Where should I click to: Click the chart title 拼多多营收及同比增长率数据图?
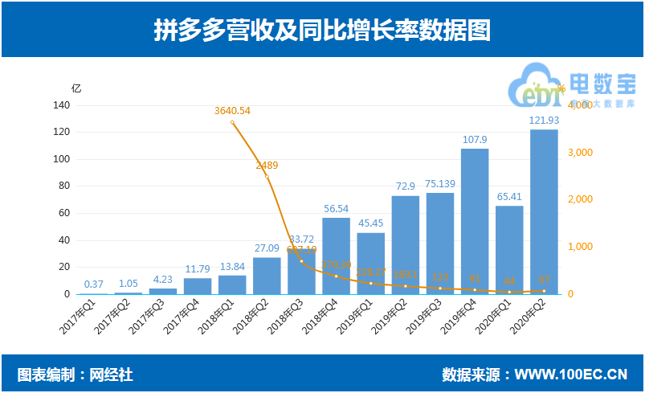[x=322, y=30]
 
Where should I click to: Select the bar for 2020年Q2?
[x=544, y=211]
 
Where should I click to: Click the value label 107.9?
[x=475, y=140]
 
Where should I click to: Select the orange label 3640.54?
[x=233, y=111]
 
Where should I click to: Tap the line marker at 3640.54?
[x=233, y=122]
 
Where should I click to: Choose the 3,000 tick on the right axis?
[x=580, y=153]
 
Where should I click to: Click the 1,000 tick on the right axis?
[x=580, y=247]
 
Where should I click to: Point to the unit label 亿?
[x=76, y=88]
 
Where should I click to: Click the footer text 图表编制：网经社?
[x=76, y=375]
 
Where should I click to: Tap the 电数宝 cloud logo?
[x=531, y=90]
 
